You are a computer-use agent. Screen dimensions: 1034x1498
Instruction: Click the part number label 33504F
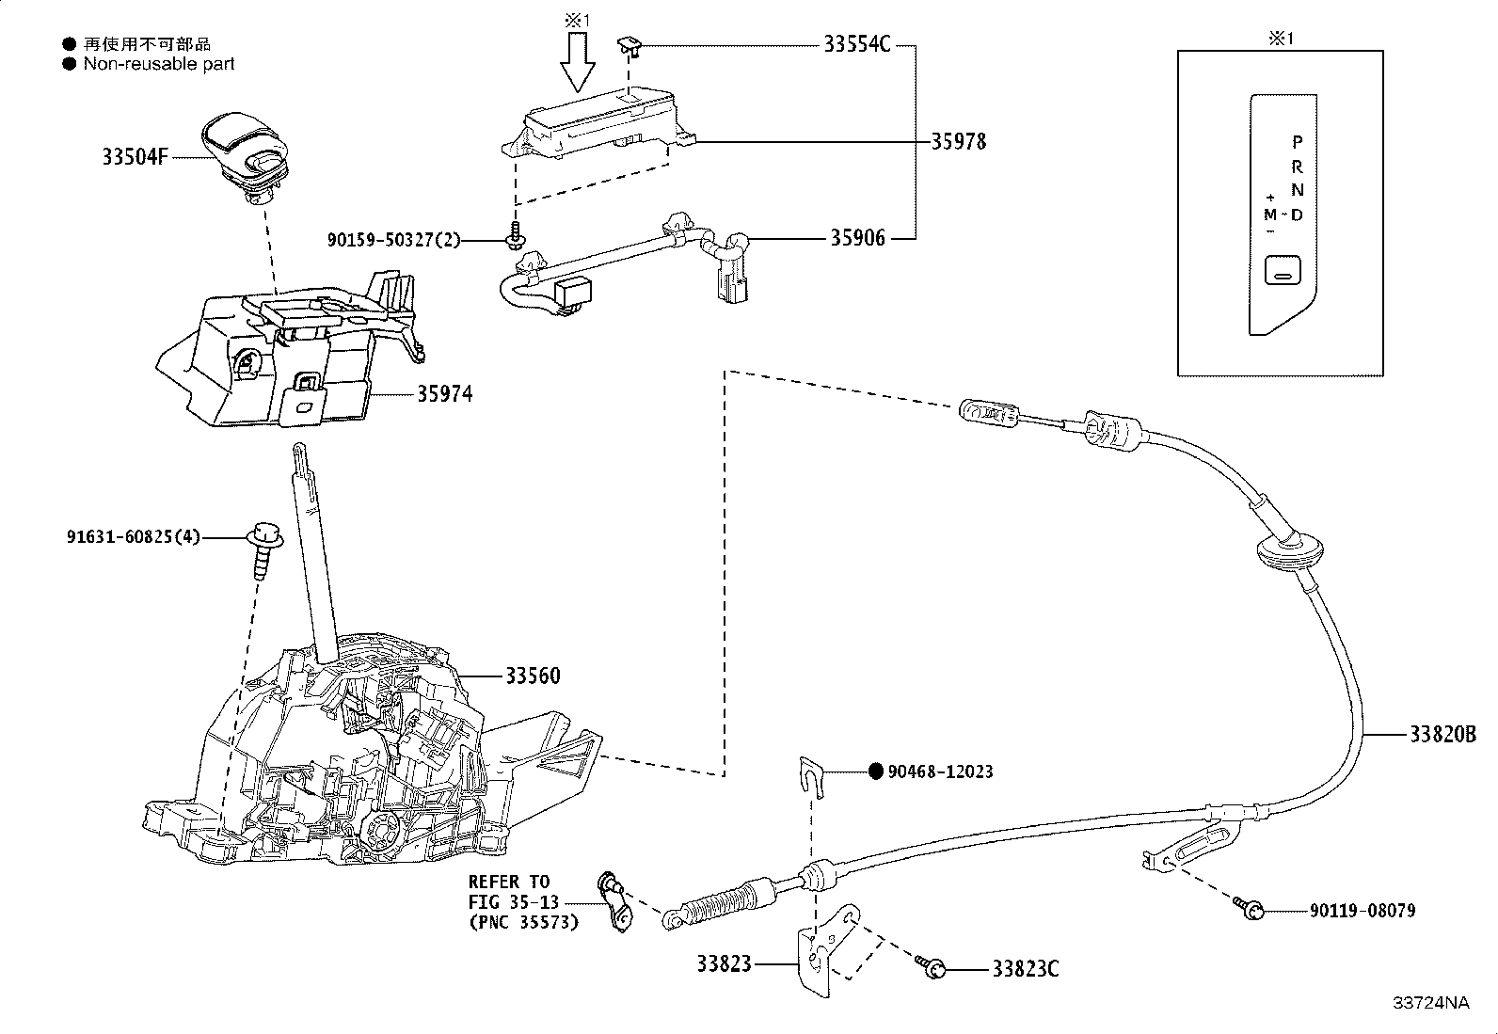click(135, 157)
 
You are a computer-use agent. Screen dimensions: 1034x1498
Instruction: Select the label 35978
click(958, 142)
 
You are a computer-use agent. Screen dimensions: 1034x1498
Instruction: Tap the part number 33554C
click(856, 44)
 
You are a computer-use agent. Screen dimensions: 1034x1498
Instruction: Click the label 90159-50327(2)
click(394, 241)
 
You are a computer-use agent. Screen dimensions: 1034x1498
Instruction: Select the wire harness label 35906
click(856, 239)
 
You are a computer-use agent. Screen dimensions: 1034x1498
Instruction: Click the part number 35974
click(444, 394)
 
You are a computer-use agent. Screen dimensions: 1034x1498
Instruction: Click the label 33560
click(533, 676)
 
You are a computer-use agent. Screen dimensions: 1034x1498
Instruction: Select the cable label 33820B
click(1442, 735)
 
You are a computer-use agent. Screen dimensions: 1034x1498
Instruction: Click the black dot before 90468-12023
click(875, 772)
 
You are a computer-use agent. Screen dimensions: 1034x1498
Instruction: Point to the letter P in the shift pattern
click(1297, 142)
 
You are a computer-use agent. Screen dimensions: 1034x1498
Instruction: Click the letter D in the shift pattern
click(1297, 215)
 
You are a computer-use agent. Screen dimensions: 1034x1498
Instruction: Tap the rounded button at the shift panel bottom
click(1282, 272)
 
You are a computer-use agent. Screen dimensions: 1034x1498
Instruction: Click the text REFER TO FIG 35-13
click(510, 892)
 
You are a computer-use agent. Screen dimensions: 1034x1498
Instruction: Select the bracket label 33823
click(725, 964)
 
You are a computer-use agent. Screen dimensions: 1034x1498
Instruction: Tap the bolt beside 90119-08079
click(1251, 908)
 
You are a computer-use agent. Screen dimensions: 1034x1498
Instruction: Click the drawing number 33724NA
click(1430, 1003)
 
